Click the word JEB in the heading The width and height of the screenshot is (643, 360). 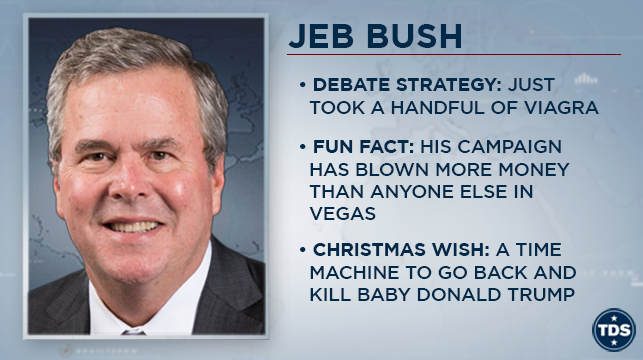point(321,36)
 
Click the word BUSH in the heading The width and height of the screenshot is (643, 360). point(414,36)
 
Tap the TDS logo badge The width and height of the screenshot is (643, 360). point(613,330)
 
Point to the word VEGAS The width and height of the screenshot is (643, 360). point(342,214)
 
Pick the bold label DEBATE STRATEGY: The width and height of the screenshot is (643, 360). point(407,85)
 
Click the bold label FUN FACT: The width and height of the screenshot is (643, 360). point(364,147)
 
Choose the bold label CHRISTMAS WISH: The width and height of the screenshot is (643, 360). point(401,250)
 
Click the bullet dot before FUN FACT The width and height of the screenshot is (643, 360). point(303,147)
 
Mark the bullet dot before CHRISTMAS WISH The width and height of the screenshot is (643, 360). point(303,250)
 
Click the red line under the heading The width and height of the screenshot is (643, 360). point(454,55)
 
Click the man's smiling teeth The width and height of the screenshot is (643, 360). point(132,227)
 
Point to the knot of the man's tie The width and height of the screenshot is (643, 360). point(134,332)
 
